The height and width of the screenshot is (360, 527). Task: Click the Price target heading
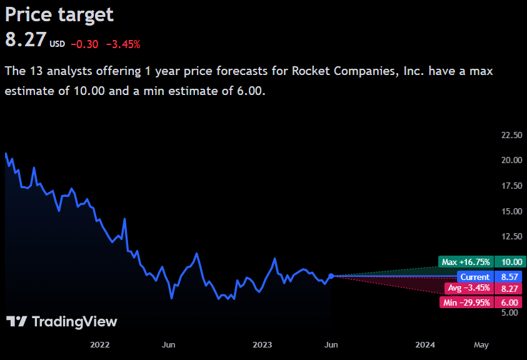tap(59, 14)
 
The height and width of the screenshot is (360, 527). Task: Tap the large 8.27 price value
tap(26, 40)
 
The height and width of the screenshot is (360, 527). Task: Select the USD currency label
tap(58, 44)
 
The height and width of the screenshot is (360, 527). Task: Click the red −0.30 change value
tap(84, 44)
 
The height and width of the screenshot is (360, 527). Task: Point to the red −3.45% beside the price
tap(123, 44)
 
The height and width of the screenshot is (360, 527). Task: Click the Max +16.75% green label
tap(465, 262)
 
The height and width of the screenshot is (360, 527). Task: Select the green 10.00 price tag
tap(508, 262)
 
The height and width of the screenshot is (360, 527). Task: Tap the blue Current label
tap(475, 276)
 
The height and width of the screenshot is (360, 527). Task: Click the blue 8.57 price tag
tap(508, 276)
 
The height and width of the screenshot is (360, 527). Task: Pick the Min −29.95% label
tap(466, 302)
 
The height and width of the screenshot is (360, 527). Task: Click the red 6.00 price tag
tap(508, 302)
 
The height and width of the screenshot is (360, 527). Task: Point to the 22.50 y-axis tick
tap(511, 135)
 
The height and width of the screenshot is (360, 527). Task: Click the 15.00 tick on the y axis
tap(511, 211)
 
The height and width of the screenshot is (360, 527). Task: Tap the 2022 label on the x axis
tap(100, 344)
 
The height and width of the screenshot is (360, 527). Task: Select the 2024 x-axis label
tap(426, 344)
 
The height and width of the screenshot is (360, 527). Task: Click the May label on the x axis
tap(481, 344)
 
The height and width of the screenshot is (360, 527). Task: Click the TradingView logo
tap(61, 321)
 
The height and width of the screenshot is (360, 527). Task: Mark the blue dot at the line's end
tap(331, 276)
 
